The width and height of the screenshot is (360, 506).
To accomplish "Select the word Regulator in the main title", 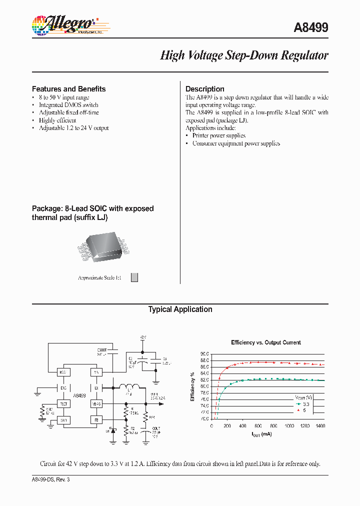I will click(x=304, y=55).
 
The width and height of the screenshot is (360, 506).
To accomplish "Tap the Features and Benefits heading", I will click(x=69, y=89).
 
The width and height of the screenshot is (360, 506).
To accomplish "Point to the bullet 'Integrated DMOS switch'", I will click(x=68, y=105).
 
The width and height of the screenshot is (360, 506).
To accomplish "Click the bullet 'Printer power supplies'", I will click(x=219, y=135).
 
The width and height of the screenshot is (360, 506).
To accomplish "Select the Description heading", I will click(x=205, y=89).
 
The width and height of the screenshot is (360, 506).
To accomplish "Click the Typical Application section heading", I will click(x=180, y=309).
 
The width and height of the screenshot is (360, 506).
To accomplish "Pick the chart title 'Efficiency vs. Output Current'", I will click(x=266, y=342).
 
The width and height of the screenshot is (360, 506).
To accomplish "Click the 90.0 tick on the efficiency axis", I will click(x=204, y=354).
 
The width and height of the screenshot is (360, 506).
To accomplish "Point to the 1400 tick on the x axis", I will click(x=320, y=425).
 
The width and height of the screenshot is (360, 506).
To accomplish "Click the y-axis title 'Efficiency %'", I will click(x=192, y=386).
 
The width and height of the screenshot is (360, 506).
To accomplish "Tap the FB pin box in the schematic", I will click(x=96, y=419).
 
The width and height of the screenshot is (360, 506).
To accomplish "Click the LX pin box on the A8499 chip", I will click(x=96, y=387).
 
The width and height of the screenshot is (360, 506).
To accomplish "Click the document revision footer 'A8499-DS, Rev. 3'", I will click(x=54, y=479).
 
